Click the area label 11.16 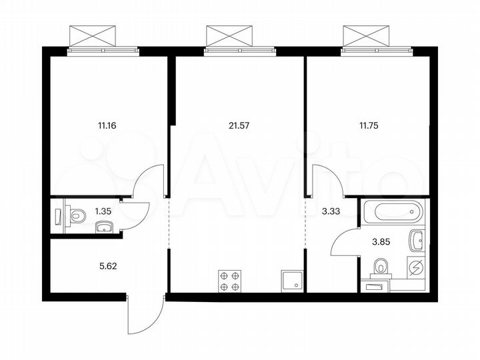pyautogui.click(x=106, y=124)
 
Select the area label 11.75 pyautogui.click(x=367, y=124)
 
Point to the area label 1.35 pyautogui.click(x=103, y=211)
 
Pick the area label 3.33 pyautogui.click(x=331, y=211)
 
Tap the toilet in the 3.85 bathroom pyautogui.click(x=382, y=267)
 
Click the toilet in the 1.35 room pyautogui.click(x=77, y=216)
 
